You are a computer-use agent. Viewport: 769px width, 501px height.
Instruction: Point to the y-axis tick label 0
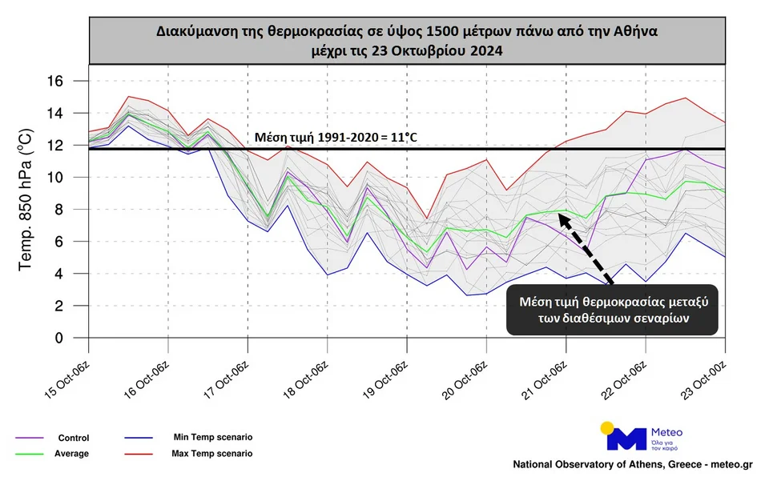[x=60, y=338]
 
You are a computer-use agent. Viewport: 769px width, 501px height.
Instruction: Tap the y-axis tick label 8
[x=60, y=210]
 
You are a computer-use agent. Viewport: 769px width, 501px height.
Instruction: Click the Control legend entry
[x=73, y=438]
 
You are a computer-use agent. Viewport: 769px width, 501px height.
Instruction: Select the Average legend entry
[x=73, y=454]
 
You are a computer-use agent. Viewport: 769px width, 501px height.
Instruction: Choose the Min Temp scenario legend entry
[x=212, y=437]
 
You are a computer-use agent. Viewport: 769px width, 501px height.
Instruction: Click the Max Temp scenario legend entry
[x=212, y=453]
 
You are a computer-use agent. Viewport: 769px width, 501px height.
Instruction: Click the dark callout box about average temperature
[x=614, y=310]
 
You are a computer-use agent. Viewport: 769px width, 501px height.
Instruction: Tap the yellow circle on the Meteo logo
[x=607, y=427]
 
